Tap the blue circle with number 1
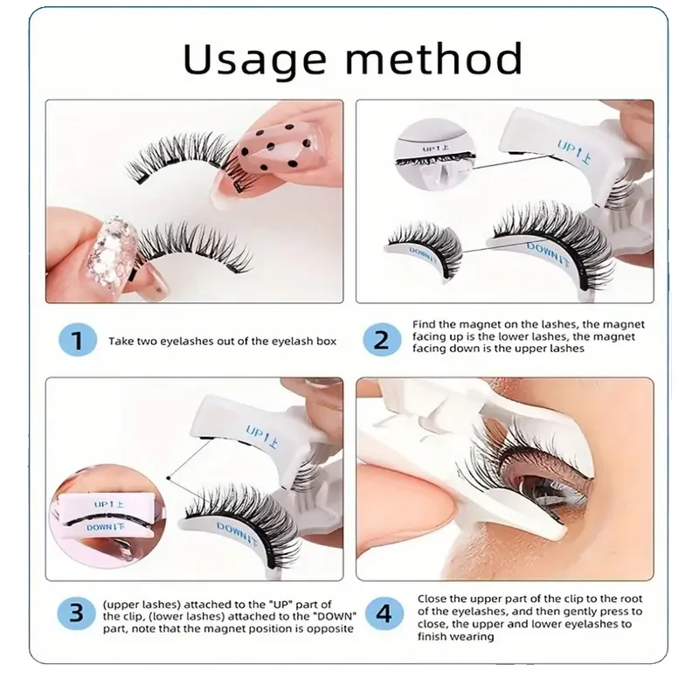(77, 340)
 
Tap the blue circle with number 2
(382, 340)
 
